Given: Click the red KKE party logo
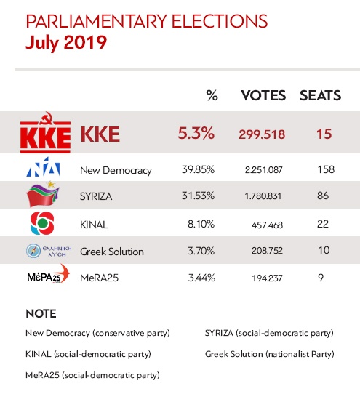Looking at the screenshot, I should tap(45, 133).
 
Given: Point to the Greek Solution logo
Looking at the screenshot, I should tap(45, 252).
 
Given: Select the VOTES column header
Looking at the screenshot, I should tap(263, 96).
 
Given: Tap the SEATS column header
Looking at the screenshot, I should tap(322, 96).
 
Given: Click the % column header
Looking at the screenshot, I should tap(212, 96).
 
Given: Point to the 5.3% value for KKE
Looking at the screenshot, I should tap(196, 134).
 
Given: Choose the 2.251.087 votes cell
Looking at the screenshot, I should tap(263, 170).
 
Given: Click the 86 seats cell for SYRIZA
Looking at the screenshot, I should tap(323, 196).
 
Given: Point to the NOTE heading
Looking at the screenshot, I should tap(41, 315).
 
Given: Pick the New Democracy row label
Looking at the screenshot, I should tap(116, 170).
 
